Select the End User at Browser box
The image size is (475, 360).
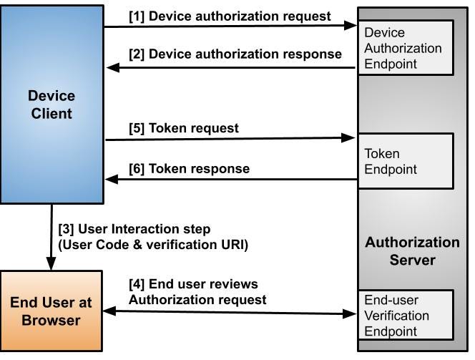51,311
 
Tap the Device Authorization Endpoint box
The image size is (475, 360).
405,48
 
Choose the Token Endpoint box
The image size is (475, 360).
405,162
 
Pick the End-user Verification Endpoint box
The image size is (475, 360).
405,315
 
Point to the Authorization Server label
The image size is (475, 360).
412,250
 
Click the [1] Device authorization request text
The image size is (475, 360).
230,16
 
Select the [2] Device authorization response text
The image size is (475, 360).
234,54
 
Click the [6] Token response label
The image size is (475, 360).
189,168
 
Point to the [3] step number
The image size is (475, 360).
66,229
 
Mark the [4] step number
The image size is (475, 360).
137,284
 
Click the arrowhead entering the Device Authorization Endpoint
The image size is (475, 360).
351,26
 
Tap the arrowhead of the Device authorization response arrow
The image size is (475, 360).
112,68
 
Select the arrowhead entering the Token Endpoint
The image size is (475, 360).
351,137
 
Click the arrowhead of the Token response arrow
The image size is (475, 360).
112,180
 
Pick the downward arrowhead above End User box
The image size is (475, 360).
52,266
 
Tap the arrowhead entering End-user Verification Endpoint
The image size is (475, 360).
351,313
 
